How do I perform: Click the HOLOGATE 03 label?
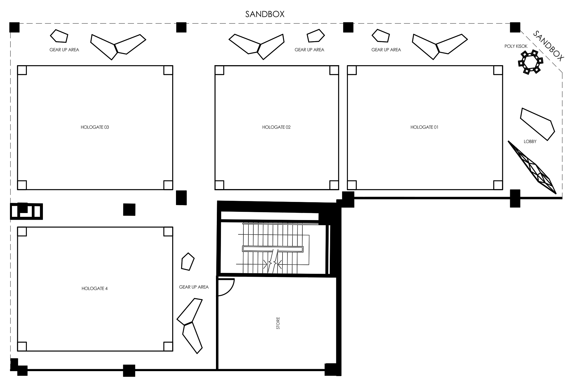[x=95, y=127]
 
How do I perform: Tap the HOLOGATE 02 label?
[x=276, y=127]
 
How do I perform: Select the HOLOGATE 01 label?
[x=424, y=127]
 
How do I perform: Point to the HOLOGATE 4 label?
[x=95, y=288]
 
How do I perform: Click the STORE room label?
[x=278, y=323]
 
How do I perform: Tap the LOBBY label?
[x=530, y=141]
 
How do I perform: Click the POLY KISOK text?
[x=516, y=46]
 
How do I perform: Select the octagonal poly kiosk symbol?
[x=530, y=62]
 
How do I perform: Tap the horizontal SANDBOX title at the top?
[x=265, y=14]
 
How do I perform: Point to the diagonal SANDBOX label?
[x=548, y=46]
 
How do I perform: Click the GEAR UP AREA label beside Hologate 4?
[x=194, y=287]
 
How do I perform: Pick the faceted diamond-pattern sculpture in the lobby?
[x=532, y=167]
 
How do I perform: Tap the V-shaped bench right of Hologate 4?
[x=190, y=326]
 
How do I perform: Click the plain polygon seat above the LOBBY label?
[x=537, y=124]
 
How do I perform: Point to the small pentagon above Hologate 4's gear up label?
[x=188, y=262]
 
